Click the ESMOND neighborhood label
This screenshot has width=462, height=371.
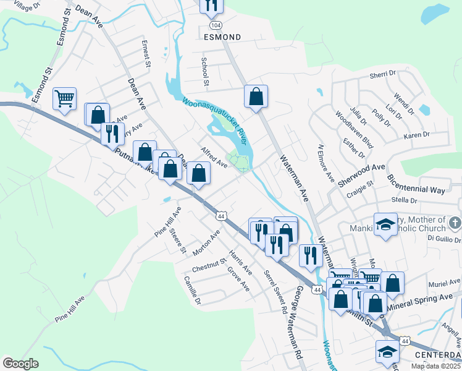point(222,37)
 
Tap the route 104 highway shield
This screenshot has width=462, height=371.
point(214,25)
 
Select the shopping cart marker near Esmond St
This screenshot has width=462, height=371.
point(64,99)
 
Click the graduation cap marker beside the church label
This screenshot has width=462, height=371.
point(385,225)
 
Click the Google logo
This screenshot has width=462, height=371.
point(20,364)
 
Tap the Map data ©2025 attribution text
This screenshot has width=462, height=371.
point(435,366)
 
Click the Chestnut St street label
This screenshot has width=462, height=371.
point(209,267)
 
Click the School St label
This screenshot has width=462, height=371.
point(204,72)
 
